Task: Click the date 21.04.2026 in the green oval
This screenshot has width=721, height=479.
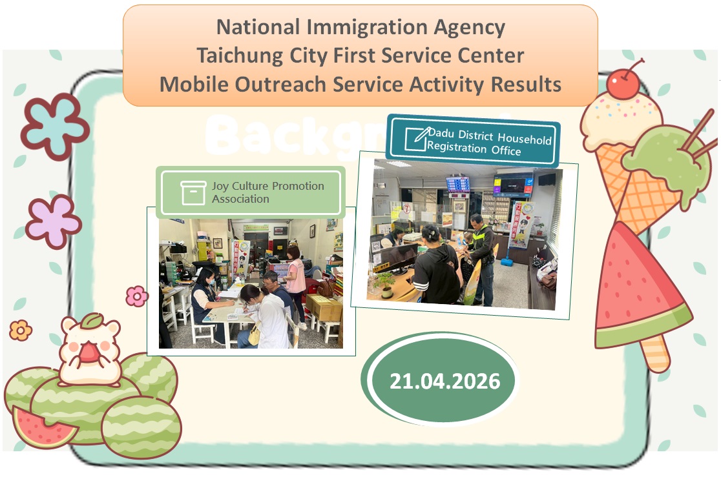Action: point(444,381)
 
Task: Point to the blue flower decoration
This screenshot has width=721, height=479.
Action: point(55,126)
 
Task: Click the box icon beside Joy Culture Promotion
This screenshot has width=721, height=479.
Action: point(193,192)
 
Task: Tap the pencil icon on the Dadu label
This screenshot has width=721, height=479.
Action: point(416,138)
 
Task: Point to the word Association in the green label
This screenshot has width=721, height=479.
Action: point(240,199)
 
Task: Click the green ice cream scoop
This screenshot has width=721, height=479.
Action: point(665,155)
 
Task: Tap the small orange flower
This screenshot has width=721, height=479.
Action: point(21,331)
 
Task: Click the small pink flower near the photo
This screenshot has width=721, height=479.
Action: point(136,296)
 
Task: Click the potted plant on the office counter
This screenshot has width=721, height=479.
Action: point(386,283)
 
